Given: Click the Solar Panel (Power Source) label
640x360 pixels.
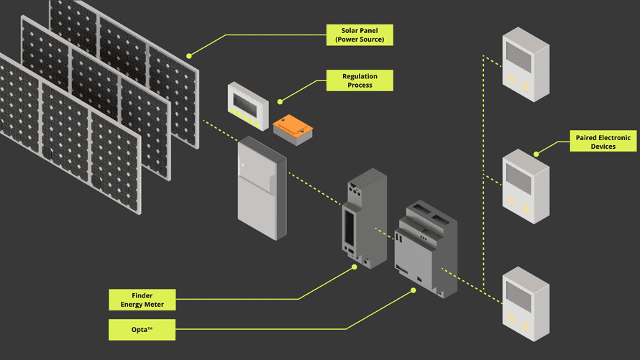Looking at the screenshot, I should point(360,35).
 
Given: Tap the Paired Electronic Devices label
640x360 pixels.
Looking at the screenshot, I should point(603,141).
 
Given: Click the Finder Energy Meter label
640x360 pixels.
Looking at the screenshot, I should point(142,300).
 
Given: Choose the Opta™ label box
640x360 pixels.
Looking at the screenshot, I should point(142,330).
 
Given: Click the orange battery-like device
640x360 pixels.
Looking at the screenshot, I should point(293,129).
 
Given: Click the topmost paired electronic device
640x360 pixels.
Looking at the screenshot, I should point(525,64).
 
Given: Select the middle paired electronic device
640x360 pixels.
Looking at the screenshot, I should point(525,186).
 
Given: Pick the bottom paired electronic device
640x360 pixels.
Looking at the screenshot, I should point(525,303).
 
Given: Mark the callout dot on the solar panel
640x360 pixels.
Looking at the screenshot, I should point(189,55).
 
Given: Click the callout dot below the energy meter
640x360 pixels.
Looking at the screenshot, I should point(355,267).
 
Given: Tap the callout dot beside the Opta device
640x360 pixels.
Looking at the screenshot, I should point(413,291).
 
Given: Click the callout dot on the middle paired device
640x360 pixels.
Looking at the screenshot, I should point(536,154).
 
